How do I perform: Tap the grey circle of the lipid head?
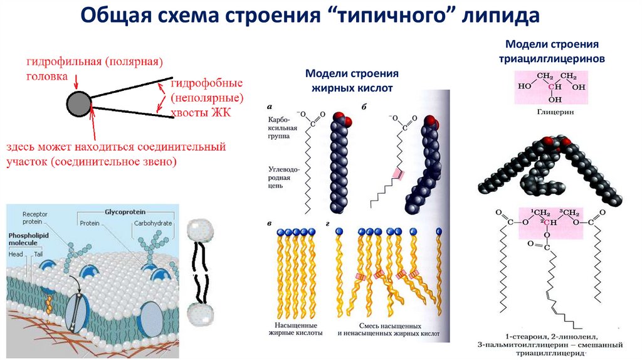(x=79, y=103)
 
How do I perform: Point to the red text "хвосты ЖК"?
(x=201, y=112)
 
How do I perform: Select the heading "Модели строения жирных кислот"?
(x=352, y=81)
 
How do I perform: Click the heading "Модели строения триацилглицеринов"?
(x=552, y=51)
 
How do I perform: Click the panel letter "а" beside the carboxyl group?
(x=269, y=107)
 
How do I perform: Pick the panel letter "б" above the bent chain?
(x=364, y=107)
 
